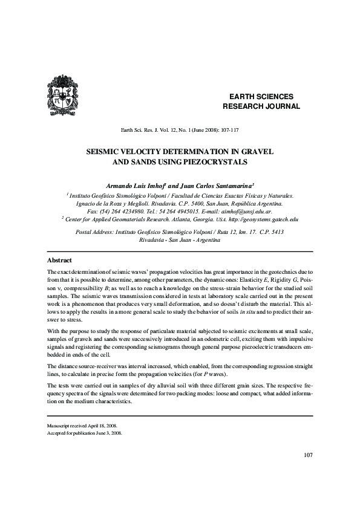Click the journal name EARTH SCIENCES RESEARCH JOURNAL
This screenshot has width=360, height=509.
pyautogui.click(x=261, y=102)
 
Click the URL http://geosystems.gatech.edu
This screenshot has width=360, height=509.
pyautogui.click(x=258, y=220)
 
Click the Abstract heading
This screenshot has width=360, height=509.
pyautogui.click(x=60, y=260)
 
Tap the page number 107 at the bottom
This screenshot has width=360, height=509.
pyautogui.click(x=306, y=472)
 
